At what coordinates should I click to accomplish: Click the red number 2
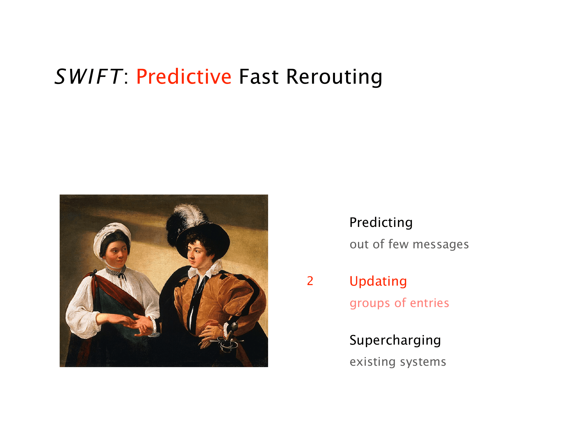click(310, 281)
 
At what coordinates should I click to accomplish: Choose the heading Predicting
click(381, 223)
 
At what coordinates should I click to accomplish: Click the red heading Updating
click(378, 281)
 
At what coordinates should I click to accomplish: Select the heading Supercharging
click(395, 340)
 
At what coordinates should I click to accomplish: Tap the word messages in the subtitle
click(441, 244)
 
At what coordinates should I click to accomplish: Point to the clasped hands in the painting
click(140, 324)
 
